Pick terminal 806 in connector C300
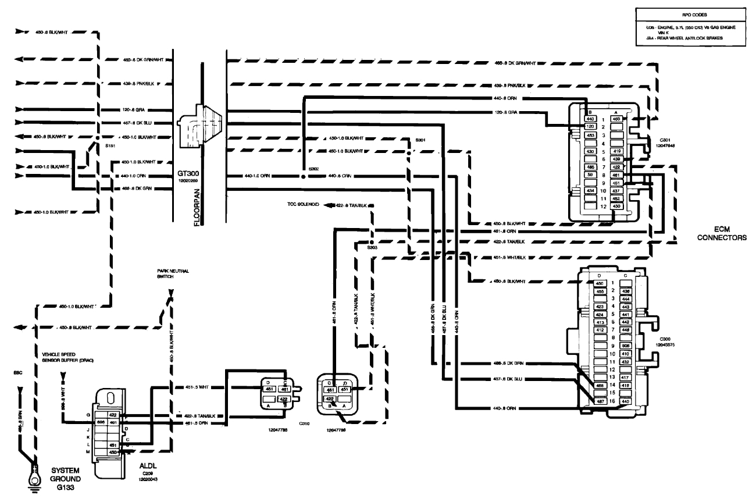click(625, 344)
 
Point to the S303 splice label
click(372, 247)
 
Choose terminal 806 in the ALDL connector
click(101, 422)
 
